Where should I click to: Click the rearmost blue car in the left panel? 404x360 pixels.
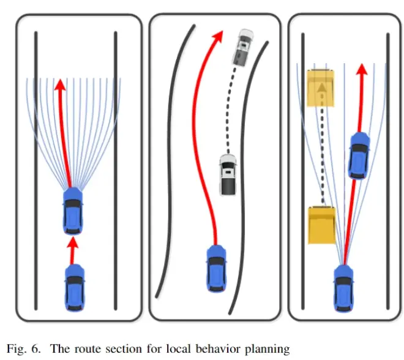(x=75, y=288)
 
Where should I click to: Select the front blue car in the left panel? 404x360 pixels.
(x=73, y=211)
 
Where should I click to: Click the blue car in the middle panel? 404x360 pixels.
(x=217, y=269)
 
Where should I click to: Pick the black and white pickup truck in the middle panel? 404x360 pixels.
(x=228, y=174)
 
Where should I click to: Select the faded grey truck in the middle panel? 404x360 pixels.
(x=243, y=47)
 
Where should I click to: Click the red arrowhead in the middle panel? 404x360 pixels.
(x=218, y=36)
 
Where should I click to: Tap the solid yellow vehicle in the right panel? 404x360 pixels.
(x=322, y=225)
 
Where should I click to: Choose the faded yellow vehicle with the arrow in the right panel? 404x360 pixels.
(x=321, y=88)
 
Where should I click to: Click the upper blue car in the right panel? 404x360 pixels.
(x=359, y=155)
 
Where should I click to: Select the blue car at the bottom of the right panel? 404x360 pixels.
(x=344, y=288)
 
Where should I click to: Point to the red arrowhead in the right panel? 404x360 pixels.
(x=362, y=69)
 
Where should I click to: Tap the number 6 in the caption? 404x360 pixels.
(x=36, y=348)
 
